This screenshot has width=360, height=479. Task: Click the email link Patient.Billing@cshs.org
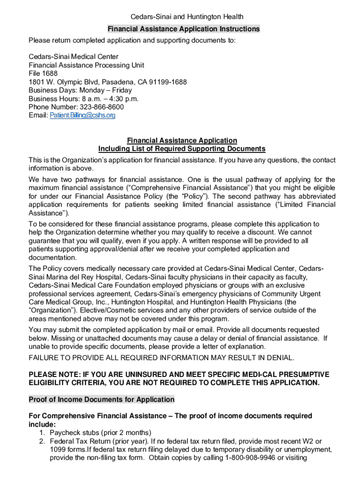click(82, 116)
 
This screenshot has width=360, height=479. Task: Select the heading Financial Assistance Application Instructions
click(183, 29)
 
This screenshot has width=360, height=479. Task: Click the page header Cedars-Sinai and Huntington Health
click(180, 17)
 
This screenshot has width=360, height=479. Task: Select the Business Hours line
click(84, 99)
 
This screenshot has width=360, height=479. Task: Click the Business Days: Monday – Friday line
click(80, 90)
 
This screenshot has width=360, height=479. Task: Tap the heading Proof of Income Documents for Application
click(101, 399)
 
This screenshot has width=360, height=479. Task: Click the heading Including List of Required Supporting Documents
click(182, 149)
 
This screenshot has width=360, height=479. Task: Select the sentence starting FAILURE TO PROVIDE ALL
click(162, 358)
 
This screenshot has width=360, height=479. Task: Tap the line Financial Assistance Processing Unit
click(86, 65)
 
